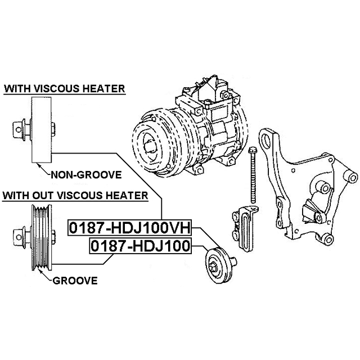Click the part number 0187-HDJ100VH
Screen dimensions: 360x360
[x=130, y=228]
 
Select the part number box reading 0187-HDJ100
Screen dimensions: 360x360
[x=140, y=246]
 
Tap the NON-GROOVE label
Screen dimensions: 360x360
[x=86, y=175]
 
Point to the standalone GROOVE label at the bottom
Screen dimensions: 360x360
[x=75, y=281]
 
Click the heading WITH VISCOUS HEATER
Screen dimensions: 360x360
[x=65, y=89]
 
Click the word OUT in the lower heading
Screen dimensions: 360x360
[x=43, y=196]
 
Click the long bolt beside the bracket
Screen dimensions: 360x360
[x=253, y=175]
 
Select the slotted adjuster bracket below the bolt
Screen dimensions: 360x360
[x=245, y=228]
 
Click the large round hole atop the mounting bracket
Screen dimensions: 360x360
[x=267, y=141]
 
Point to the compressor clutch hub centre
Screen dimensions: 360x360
[x=149, y=146]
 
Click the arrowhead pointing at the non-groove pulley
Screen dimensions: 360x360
[x=39, y=165]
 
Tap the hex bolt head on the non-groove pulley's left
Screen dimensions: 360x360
[x=19, y=130]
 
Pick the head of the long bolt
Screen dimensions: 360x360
[x=253, y=150]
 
